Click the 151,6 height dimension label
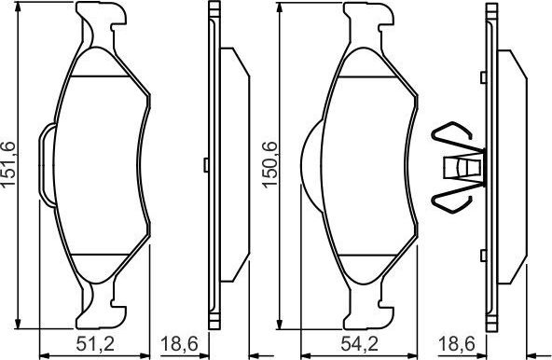(x=12, y=163)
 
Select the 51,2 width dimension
(x=94, y=344)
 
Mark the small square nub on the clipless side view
(x=205, y=167)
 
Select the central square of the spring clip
(x=462, y=168)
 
